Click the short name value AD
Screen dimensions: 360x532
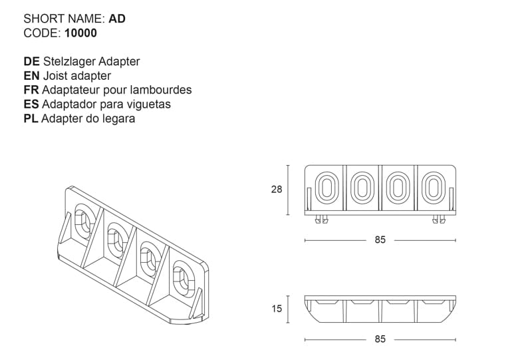pyautogui.click(x=117, y=19)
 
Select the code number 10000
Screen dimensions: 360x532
pyautogui.click(x=80, y=33)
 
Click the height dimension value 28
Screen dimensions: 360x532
pyautogui.click(x=277, y=190)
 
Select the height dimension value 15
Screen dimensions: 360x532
pyautogui.click(x=277, y=309)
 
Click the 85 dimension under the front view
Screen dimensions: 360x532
pyautogui.click(x=380, y=240)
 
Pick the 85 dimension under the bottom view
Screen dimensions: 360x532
pyautogui.click(x=380, y=339)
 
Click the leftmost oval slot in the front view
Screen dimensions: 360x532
pyautogui.click(x=326, y=189)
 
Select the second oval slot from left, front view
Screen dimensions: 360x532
pyautogui.click(x=362, y=189)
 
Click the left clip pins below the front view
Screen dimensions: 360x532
pyautogui.click(x=321, y=220)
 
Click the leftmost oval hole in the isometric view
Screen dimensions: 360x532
pyautogui.click(x=83, y=222)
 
